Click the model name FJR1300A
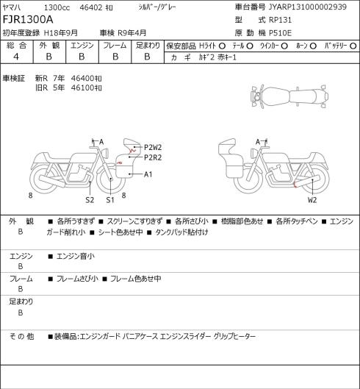click(x=28, y=20)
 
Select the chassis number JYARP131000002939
click(x=308, y=7)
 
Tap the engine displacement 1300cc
click(x=57, y=7)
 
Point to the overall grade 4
click(x=16, y=57)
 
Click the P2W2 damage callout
click(x=153, y=147)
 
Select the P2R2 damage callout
click(x=153, y=157)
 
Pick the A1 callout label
click(x=148, y=174)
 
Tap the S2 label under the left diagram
click(x=90, y=200)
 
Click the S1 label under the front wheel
click(x=110, y=200)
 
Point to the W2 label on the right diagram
click(x=312, y=200)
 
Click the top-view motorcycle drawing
click(x=289, y=96)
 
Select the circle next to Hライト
click(x=222, y=46)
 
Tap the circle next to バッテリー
click(x=353, y=46)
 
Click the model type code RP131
click(x=280, y=20)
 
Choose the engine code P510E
click(x=280, y=33)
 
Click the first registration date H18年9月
click(x=61, y=33)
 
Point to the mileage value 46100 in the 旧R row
click(x=83, y=88)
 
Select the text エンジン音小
click(x=76, y=256)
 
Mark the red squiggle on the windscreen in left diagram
click(x=132, y=149)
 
